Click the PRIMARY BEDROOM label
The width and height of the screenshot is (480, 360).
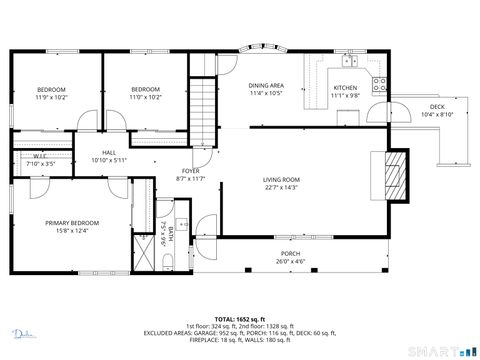(72, 223)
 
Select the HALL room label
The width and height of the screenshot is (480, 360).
(109, 153)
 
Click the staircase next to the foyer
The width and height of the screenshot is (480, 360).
(204, 110)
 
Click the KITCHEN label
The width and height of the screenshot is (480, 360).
(345, 88)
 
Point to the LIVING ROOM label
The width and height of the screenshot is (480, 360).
(283, 180)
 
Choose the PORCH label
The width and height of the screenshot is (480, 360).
(290, 254)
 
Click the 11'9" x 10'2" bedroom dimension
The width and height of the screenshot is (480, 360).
(51, 97)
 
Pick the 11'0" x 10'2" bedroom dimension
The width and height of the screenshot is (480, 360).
(146, 97)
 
